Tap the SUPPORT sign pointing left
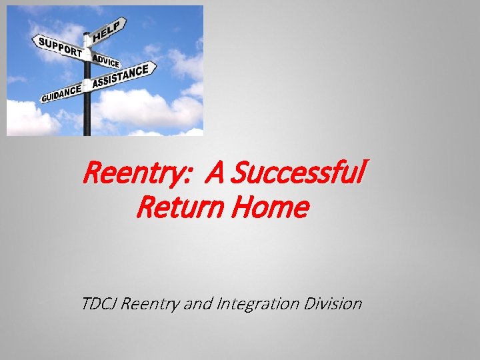[60, 47]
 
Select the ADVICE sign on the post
[107, 61]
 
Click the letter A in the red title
[215, 175]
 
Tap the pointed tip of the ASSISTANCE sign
[155, 67]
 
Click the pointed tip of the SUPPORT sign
[33, 40]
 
